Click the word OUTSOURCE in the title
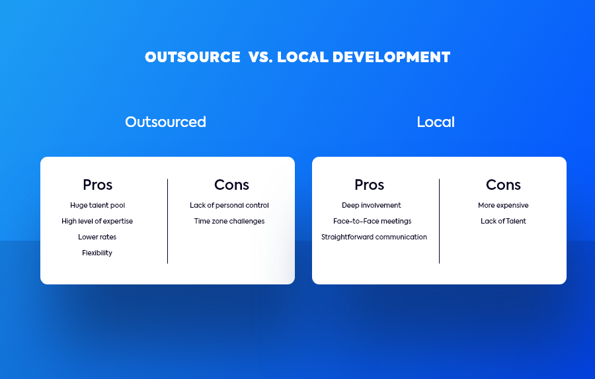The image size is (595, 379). (x=192, y=57)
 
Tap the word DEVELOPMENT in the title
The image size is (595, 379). (x=391, y=57)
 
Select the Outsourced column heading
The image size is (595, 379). (x=165, y=122)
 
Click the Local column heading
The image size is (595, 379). (x=436, y=122)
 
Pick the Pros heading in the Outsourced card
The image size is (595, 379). (x=98, y=185)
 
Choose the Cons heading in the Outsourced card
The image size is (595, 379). (x=231, y=185)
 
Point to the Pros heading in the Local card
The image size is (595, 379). (x=369, y=185)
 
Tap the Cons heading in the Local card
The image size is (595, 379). (x=503, y=185)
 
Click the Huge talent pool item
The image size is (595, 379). (x=98, y=206)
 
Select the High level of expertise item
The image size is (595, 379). (x=97, y=222)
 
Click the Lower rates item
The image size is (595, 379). (x=97, y=237)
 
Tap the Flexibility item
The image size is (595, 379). (x=97, y=253)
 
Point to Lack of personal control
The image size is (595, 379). (x=229, y=206)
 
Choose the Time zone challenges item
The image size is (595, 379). (x=229, y=222)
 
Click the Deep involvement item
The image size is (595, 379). (x=371, y=206)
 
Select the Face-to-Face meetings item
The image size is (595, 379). (x=372, y=222)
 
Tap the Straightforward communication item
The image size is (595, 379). (x=374, y=237)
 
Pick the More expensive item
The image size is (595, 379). (x=503, y=206)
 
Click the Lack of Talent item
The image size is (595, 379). (x=503, y=221)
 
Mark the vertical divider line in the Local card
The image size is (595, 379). (x=440, y=221)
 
